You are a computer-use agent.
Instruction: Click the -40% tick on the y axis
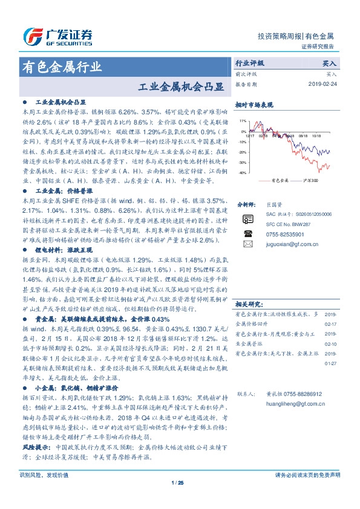[242, 173]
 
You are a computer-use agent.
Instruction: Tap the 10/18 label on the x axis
[315, 136]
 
